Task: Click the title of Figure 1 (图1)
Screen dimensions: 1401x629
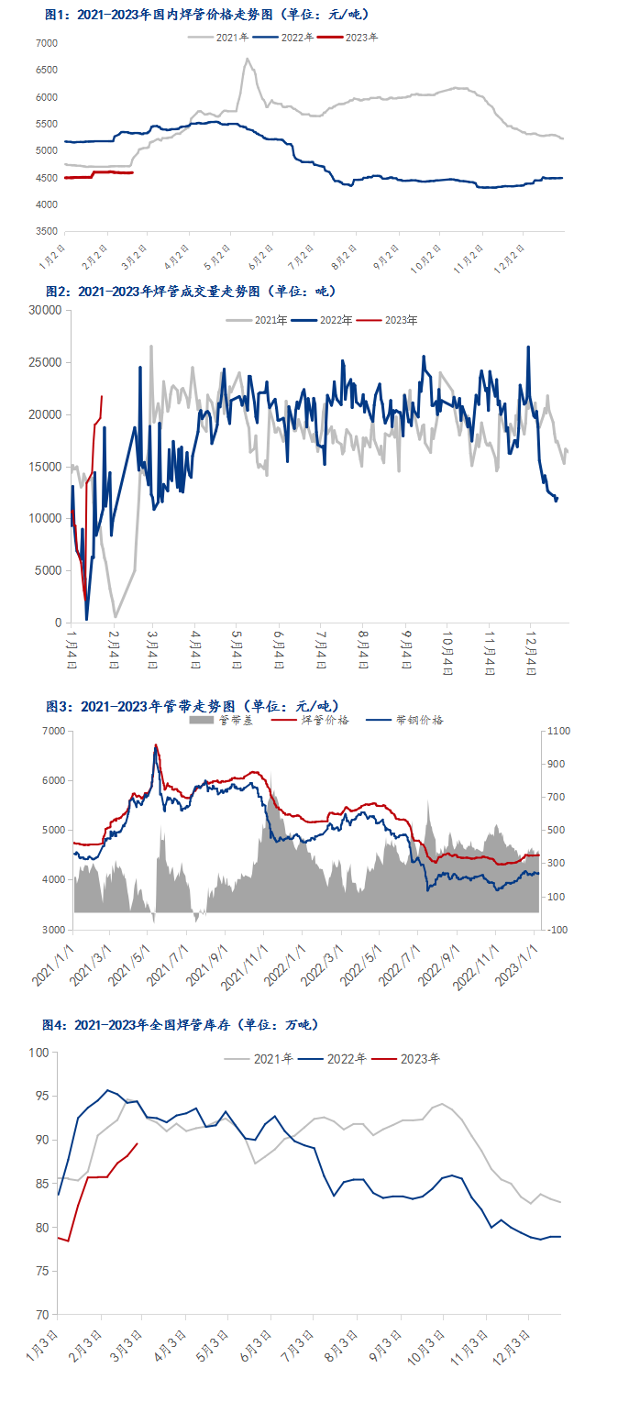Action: [207, 15]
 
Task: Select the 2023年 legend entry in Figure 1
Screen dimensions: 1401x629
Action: [361, 38]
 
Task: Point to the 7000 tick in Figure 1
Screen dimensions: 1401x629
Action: [46, 43]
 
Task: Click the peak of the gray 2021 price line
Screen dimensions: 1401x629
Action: [247, 60]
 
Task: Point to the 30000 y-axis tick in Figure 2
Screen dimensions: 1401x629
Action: [44, 311]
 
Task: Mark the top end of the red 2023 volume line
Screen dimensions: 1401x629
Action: [101, 396]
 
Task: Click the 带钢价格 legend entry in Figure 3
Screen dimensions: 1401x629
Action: [418, 720]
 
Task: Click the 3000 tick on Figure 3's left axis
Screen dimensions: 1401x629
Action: [51, 929]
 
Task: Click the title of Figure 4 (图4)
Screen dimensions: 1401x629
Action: [181, 1024]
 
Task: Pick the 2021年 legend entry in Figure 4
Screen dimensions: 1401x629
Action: [273, 1058]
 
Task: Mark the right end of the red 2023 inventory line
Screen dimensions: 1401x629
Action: [138, 1143]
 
